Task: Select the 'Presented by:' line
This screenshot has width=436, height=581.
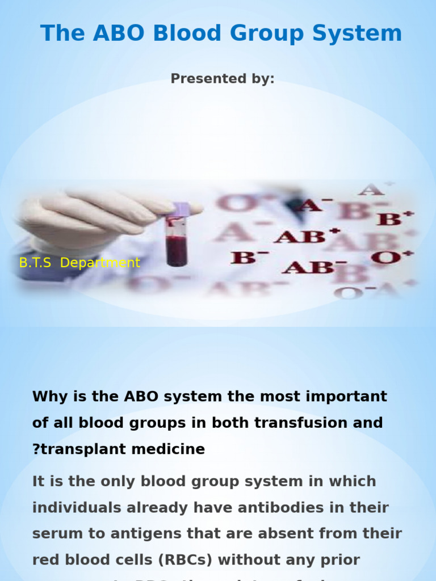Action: pos(223,79)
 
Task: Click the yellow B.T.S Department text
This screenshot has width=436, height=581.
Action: pos(79,263)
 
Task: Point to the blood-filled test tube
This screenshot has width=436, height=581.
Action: pos(176,238)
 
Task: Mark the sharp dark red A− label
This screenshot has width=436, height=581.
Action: pos(316,204)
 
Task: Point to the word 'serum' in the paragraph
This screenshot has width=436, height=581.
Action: pos(56,534)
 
